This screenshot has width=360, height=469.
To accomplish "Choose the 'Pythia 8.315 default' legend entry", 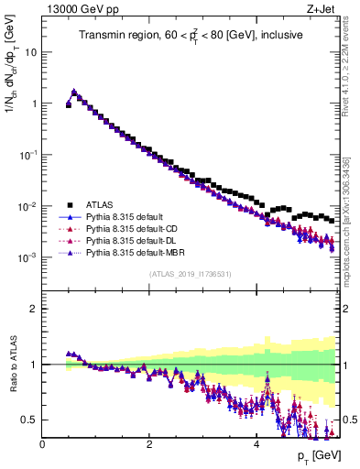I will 125,217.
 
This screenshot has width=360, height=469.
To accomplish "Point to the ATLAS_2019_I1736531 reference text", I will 189,275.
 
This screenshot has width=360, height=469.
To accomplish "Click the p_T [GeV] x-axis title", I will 314,455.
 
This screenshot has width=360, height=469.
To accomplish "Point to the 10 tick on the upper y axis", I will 32,52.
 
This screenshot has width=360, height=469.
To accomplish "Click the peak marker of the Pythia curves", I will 74,92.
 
